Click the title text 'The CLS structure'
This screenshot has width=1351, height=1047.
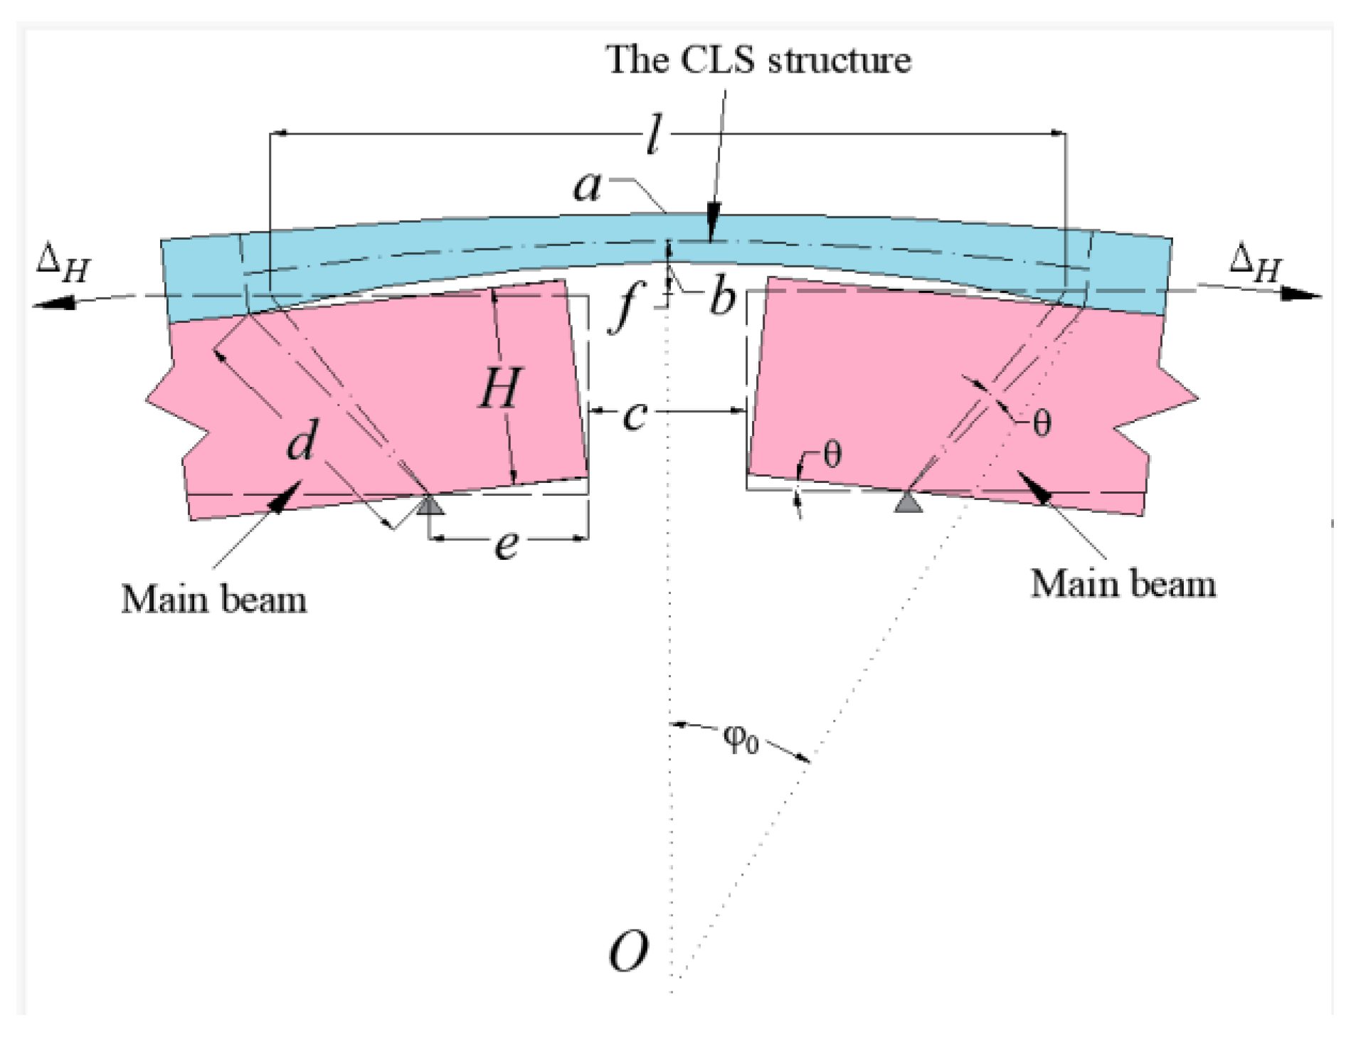click(758, 60)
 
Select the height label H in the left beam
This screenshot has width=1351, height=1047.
click(499, 388)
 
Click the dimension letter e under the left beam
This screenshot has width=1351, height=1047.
click(507, 546)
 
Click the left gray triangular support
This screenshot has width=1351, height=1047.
click(429, 506)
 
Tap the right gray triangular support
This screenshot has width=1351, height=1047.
click(908, 502)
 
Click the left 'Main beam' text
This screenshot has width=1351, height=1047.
click(214, 600)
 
